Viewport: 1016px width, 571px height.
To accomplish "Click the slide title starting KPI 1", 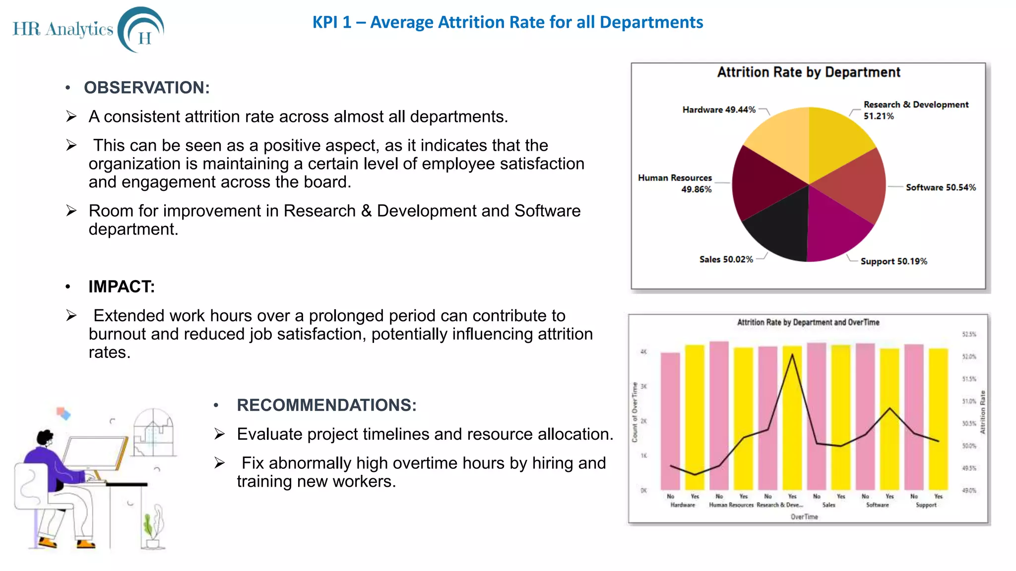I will (x=508, y=22).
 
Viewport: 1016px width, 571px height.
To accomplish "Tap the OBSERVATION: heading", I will (x=147, y=88).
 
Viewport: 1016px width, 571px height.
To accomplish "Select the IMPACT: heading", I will (x=122, y=286).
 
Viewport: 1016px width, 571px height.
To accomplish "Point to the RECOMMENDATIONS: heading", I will (x=326, y=405).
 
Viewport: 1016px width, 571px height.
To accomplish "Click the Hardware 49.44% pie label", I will (x=719, y=110).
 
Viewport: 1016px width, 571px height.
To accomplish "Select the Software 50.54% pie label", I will (x=941, y=187).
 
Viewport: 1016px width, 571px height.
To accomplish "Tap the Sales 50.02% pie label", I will (x=726, y=259).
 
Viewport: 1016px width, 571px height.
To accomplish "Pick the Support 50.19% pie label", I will (x=893, y=261).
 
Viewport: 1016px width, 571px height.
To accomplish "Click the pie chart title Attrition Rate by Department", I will (x=809, y=72).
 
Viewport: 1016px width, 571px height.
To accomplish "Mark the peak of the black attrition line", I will (x=792, y=354).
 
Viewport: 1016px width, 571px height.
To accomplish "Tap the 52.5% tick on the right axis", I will (x=969, y=335).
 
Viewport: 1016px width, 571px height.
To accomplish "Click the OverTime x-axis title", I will (x=804, y=516).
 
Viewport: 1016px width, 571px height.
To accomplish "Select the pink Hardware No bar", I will (x=670, y=421).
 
